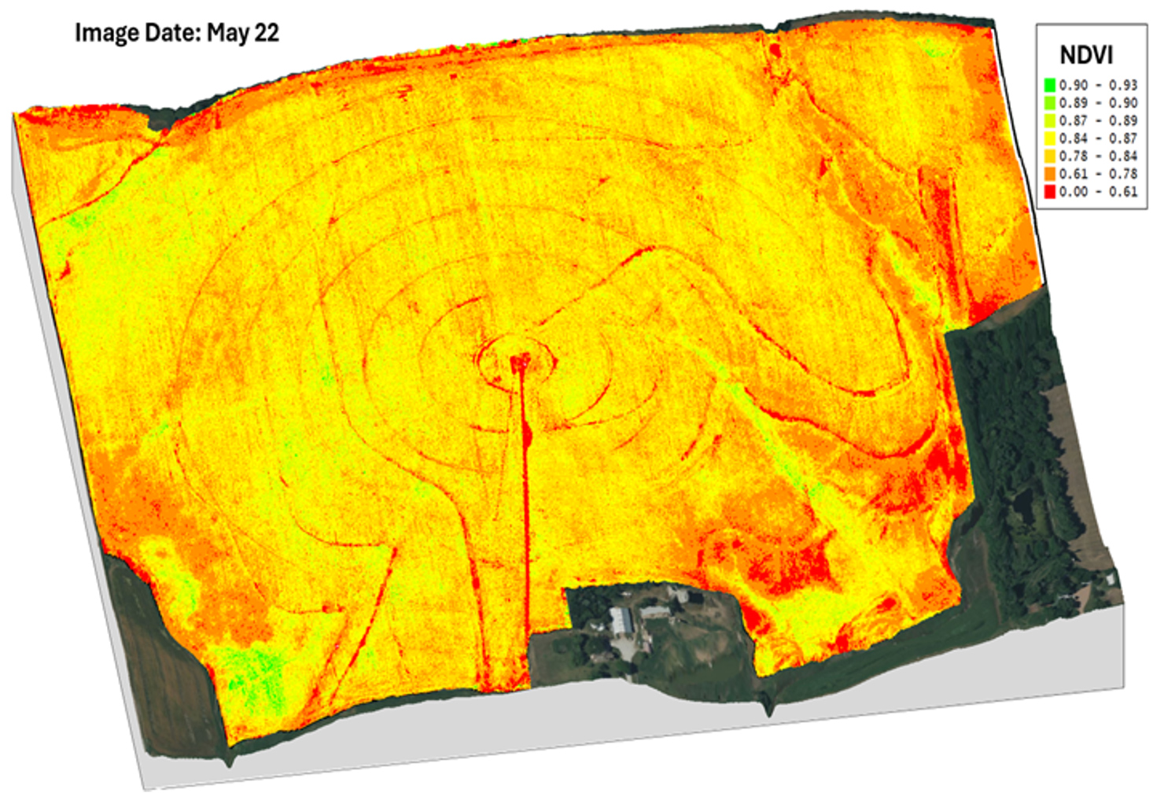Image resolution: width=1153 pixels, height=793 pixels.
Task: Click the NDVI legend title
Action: click(1086, 55)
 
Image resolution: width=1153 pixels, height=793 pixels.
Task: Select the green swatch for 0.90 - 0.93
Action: click(1049, 85)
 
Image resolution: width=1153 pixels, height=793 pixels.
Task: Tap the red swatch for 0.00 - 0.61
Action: click(1049, 192)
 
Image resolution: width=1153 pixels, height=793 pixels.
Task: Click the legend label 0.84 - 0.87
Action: click(1098, 138)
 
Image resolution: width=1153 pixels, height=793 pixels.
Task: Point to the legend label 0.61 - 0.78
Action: click(1098, 174)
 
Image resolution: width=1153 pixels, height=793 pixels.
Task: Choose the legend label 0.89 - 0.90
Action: click(1098, 103)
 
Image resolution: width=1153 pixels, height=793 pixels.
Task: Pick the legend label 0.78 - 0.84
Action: click(1098, 156)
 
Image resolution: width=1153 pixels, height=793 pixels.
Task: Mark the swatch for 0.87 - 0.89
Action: click(1049, 120)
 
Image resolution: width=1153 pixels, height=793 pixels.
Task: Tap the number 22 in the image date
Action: click(267, 33)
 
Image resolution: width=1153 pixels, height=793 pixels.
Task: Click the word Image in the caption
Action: click(106, 34)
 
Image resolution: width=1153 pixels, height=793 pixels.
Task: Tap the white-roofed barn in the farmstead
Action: click(621, 620)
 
